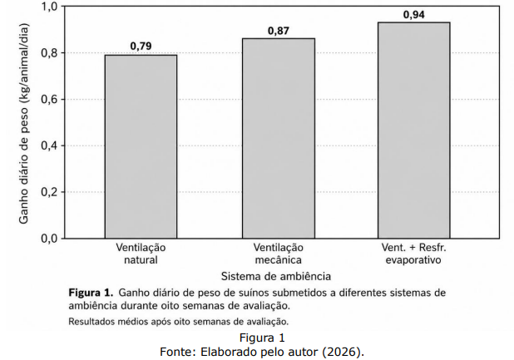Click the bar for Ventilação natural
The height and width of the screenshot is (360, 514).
[141, 146]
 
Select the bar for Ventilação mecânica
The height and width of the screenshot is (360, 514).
[279, 138]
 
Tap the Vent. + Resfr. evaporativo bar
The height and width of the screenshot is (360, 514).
[414, 130]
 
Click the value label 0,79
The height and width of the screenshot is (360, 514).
[141, 47]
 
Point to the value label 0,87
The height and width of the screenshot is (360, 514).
[279, 31]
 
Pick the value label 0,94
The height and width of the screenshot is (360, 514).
[414, 15]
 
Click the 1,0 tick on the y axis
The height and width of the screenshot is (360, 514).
[49, 6]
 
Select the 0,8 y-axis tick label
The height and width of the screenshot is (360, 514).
[49, 52]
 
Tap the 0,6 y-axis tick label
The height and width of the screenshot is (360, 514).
[49, 99]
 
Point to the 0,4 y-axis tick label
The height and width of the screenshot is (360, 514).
[49, 145]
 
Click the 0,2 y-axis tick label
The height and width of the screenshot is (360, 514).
[49, 192]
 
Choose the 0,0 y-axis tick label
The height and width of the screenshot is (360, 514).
[49, 239]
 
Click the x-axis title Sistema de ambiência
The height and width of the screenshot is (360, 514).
[276, 276]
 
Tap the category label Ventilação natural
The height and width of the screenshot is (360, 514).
[141, 254]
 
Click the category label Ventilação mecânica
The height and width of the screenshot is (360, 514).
[279, 254]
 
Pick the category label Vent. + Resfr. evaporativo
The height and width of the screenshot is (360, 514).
[413, 254]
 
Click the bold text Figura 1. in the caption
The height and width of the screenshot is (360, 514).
[91, 292]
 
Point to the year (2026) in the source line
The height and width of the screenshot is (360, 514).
[343, 352]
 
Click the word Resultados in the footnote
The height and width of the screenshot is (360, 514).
[86, 322]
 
